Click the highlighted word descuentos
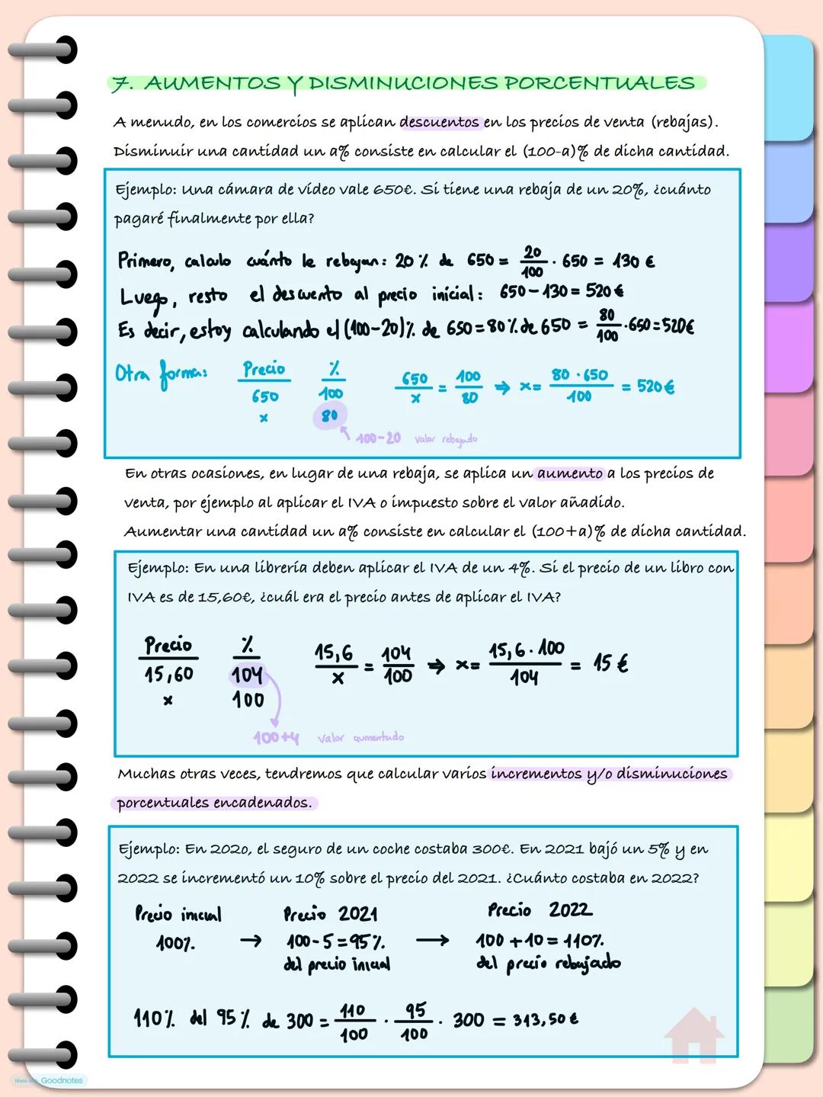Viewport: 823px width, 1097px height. click(x=440, y=122)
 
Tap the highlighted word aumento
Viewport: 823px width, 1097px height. click(x=570, y=473)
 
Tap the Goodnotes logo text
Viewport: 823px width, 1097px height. click(x=62, y=1080)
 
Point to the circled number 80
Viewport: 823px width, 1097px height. click(x=329, y=416)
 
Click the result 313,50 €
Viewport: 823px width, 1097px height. click(x=545, y=1019)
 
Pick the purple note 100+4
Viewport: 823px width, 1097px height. click(x=276, y=738)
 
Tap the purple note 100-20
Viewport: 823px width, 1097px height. click(x=378, y=439)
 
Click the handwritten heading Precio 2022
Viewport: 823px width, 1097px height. click(x=540, y=910)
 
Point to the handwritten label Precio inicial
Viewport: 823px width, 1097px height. click(x=178, y=914)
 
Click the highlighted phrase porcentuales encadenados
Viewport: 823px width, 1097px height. click(x=214, y=803)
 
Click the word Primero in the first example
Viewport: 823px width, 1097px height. click(x=150, y=261)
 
